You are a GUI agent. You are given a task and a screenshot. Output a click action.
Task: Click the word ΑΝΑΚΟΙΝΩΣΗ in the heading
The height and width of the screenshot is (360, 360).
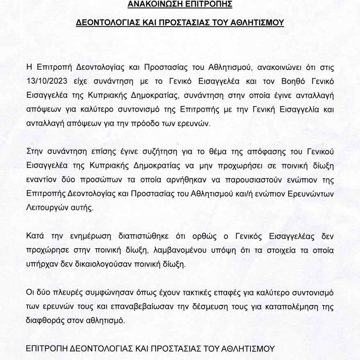point(153,5)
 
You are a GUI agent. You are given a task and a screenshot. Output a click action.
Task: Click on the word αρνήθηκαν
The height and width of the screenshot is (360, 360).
point(185,179)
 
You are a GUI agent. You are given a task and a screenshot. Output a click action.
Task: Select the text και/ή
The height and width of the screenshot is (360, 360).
point(255,193)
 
